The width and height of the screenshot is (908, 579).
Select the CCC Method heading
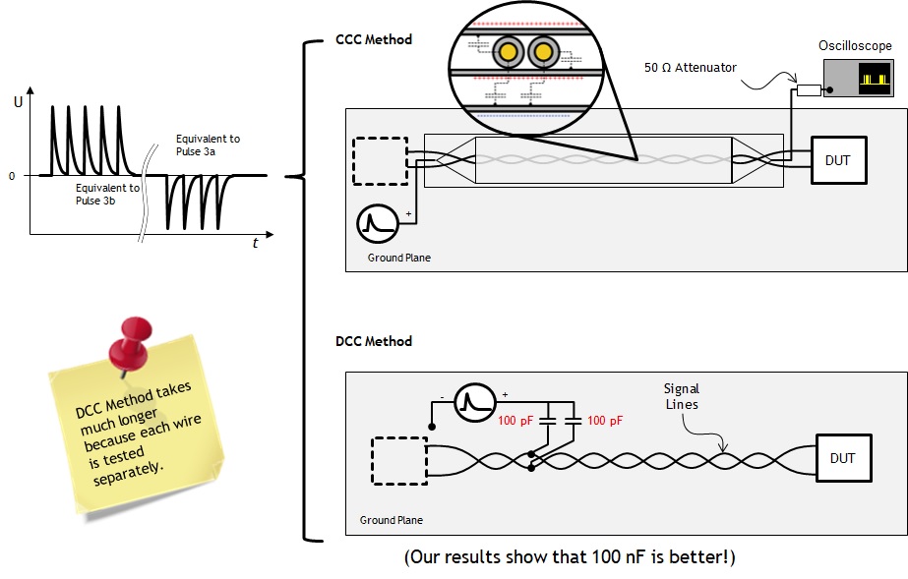[375, 39]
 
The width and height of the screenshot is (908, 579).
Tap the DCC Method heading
[374, 341]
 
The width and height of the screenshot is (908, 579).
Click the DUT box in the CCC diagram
[838, 159]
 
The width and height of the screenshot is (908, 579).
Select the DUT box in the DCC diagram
[842, 458]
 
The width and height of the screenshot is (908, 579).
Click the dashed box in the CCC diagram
[379, 158]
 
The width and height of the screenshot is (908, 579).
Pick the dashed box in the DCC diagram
[398, 460]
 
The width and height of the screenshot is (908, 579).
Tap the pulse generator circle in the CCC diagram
[378, 223]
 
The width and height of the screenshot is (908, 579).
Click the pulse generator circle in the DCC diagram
[474, 403]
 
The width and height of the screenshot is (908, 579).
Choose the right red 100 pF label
[604, 421]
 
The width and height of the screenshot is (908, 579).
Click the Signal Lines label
[681, 397]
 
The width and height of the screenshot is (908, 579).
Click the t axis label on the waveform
[255, 243]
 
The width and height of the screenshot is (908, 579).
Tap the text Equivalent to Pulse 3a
[208, 145]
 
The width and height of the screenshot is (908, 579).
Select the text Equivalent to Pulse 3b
[107, 193]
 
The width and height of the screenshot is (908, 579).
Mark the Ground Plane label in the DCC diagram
[392, 520]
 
